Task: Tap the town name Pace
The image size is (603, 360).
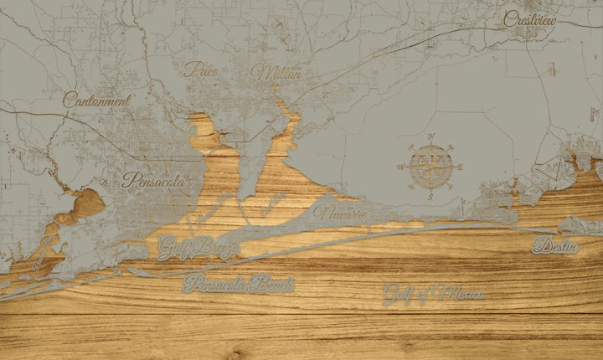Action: [201, 70]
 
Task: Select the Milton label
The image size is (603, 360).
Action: [276, 73]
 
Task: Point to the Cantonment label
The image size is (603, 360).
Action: [96, 100]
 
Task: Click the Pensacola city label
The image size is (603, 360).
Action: [153, 179]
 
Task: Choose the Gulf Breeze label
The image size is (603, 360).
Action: [198, 248]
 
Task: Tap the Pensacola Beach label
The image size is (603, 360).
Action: [239, 284]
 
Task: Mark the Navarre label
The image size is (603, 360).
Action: [342, 213]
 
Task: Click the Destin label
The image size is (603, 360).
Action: [555, 246]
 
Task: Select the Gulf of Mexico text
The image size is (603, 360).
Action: [433, 294]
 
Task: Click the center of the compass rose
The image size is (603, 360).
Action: [430, 167]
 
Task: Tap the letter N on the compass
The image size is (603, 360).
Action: [430, 136]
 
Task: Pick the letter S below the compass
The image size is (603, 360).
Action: [430, 197]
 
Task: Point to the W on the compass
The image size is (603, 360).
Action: [400, 167]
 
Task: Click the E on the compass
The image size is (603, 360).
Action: [461, 167]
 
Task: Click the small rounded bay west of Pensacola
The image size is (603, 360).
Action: [87, 202]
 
